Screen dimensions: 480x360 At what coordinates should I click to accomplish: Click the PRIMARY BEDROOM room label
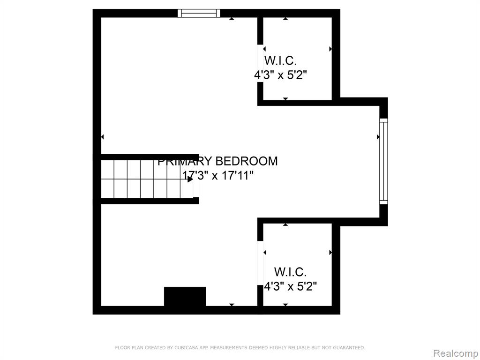coord(217,161)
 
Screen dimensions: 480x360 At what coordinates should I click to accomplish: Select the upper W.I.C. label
coord(280,60)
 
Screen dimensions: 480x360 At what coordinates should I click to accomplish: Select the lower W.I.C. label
coord(290,271)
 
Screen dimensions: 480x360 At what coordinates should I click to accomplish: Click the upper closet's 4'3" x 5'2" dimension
coord(280,75)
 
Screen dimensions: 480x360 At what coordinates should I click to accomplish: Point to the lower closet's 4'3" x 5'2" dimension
coord(290,287)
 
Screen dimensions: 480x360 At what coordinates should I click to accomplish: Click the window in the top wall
coord(199,13)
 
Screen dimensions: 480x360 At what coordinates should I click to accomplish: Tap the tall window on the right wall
coord(383,161)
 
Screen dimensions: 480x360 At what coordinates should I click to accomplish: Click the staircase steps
coord(147,179)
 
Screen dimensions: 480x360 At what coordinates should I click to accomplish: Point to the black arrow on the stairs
coord(190,180)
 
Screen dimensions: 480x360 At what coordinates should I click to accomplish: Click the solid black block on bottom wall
coord(185,296)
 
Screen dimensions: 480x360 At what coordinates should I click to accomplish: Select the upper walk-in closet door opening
coord(260,63)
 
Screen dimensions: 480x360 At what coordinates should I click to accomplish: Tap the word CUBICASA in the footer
coord(187,347)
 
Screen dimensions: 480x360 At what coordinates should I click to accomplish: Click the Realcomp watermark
coord(455,353)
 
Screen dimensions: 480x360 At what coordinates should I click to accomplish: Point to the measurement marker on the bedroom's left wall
coord(102,137)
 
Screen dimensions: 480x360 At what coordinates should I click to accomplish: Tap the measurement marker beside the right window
coord(378,137)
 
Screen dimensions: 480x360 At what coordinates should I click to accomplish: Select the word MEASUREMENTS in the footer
coord(228,347)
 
